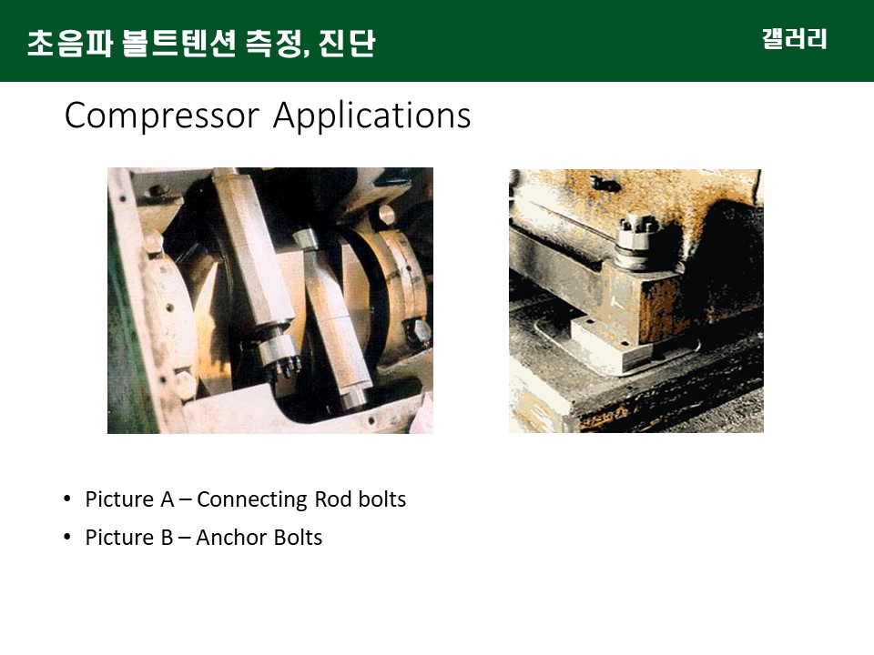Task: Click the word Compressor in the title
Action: point(162,116)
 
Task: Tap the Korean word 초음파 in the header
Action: point(70,44)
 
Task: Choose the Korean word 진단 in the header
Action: point(347,44)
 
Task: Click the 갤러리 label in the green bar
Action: point(794,39)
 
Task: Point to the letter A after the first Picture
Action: point(168,499)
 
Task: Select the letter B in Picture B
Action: point(167,538)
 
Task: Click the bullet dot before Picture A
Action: point(67,499)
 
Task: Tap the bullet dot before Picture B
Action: point(67,537)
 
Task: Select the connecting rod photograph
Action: point(270,301)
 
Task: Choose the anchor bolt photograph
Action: point(636,301)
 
